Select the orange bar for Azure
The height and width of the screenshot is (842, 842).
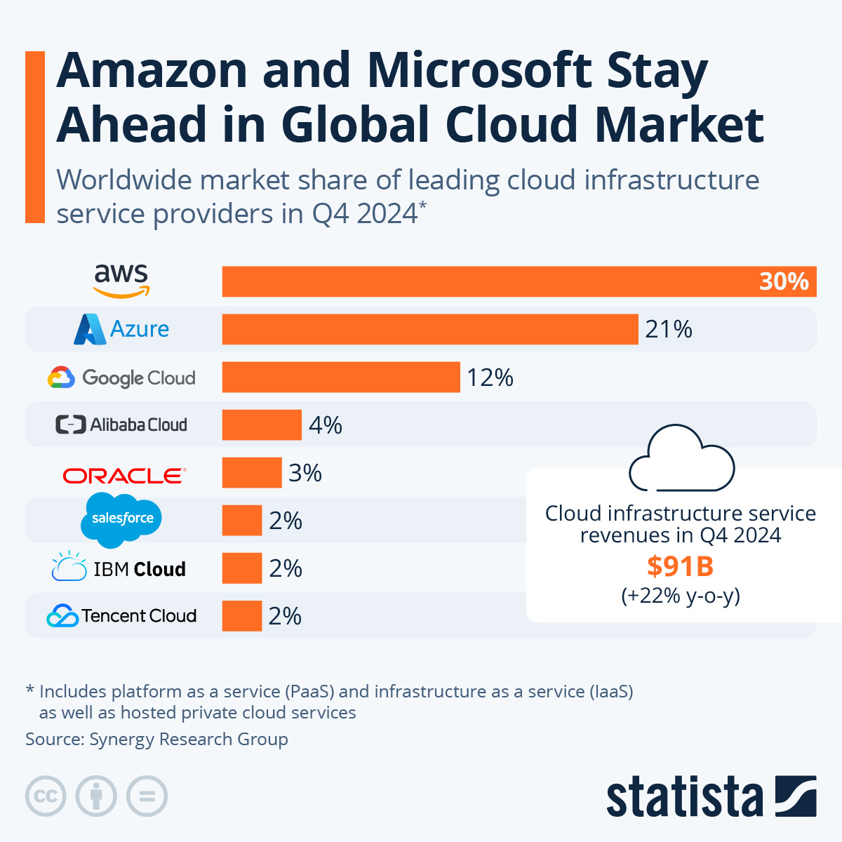point(429,329)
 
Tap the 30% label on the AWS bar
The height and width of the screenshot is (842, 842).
point(783,281)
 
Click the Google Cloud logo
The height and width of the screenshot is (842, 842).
point(121,377)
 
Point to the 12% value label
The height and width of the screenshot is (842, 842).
point(490,377)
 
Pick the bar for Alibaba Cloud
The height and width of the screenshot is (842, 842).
point(262,425)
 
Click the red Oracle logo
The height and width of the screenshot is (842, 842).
point(124,475)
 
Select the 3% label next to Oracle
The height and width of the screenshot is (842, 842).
point(305,473)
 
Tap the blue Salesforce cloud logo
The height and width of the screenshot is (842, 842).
point(121,519)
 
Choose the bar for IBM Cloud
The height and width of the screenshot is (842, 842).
point(242,568)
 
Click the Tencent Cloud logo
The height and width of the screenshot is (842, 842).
point(121,615)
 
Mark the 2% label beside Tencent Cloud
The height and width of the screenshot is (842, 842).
point(285,615)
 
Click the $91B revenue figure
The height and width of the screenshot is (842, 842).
point(680,566)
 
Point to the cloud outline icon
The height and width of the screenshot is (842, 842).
point(681,459)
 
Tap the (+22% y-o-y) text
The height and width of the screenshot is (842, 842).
point(680,596)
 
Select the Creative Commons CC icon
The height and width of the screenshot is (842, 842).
point(46,796)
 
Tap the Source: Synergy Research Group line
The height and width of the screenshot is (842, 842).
point(156,739)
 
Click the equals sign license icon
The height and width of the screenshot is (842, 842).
point(147,796)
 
